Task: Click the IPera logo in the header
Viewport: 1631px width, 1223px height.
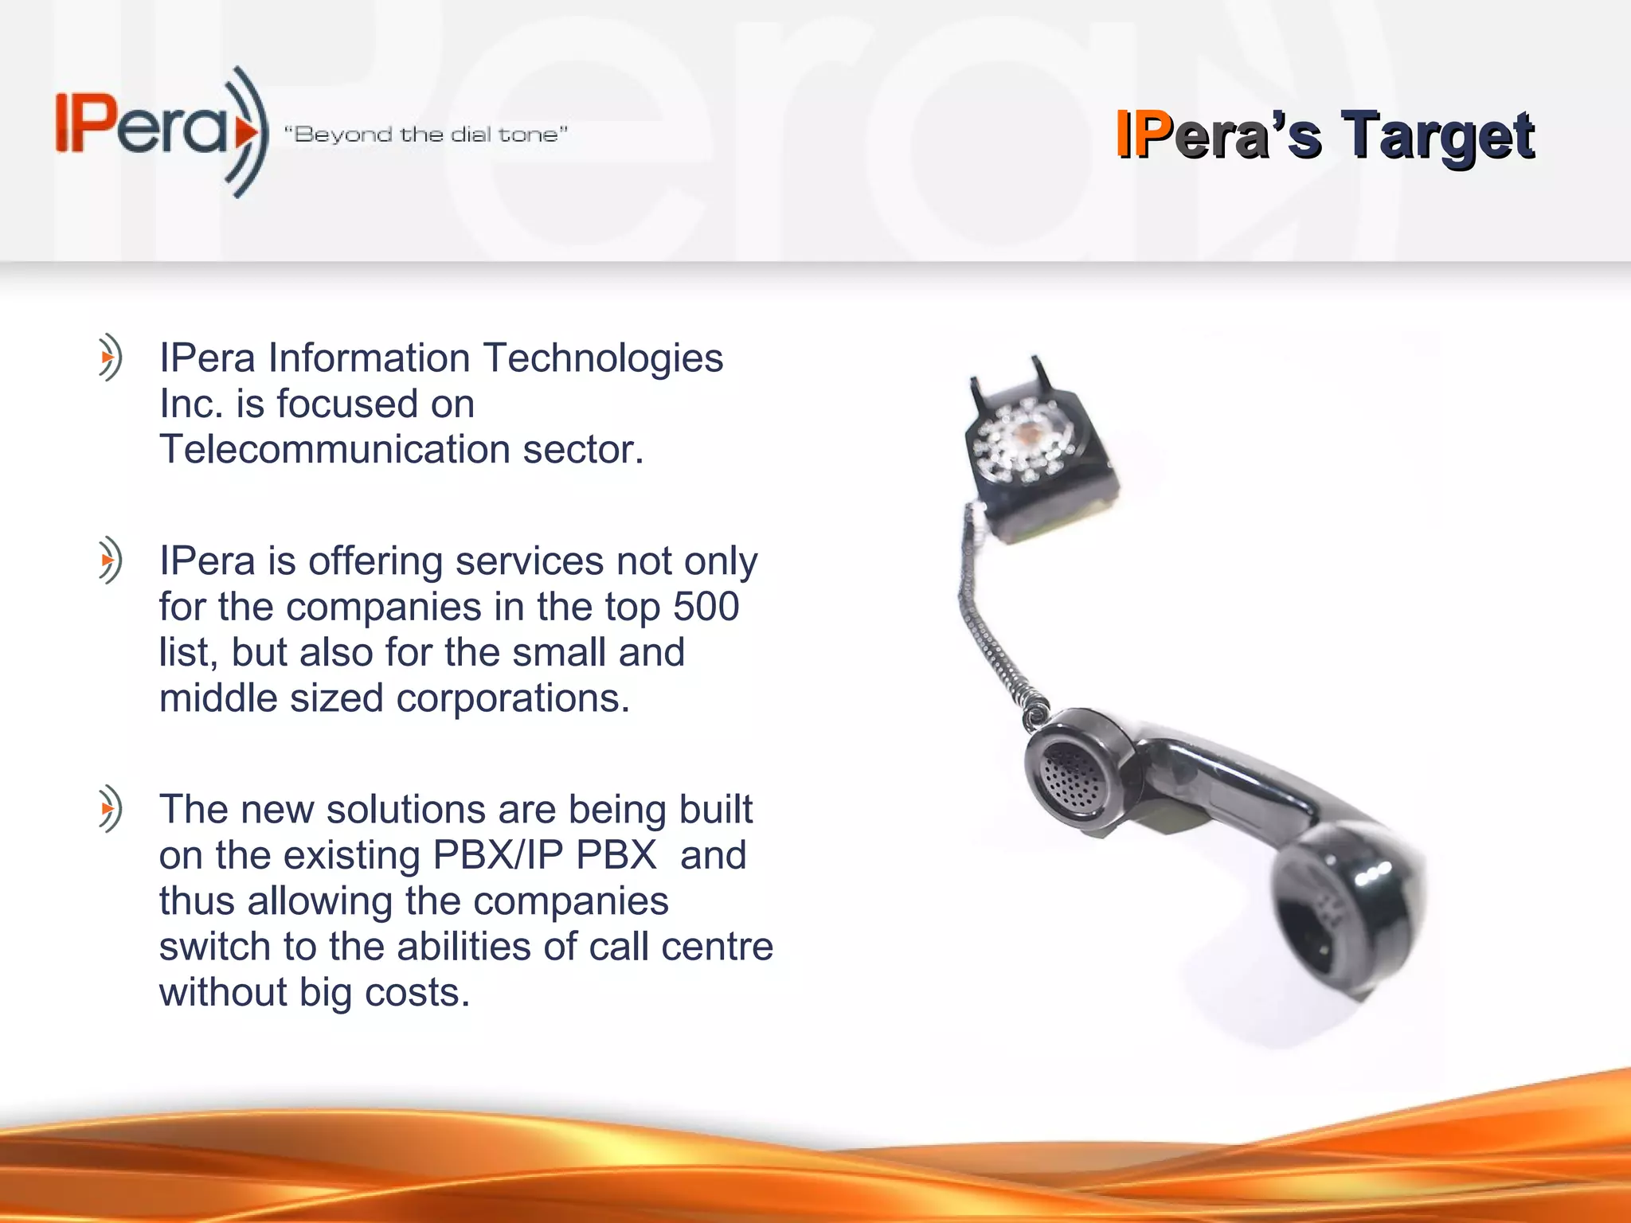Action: coord(159,131)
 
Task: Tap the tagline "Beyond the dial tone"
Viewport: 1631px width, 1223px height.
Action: coord(426,134)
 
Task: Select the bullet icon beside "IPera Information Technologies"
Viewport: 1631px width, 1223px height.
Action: coord(110,358)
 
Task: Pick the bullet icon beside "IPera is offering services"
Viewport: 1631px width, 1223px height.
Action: coord(110,561)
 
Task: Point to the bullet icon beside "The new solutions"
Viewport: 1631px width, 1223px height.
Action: coord(110,809)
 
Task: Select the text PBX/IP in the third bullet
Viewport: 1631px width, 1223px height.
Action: coord(499,855)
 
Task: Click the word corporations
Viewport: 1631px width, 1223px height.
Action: coord(513,698)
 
